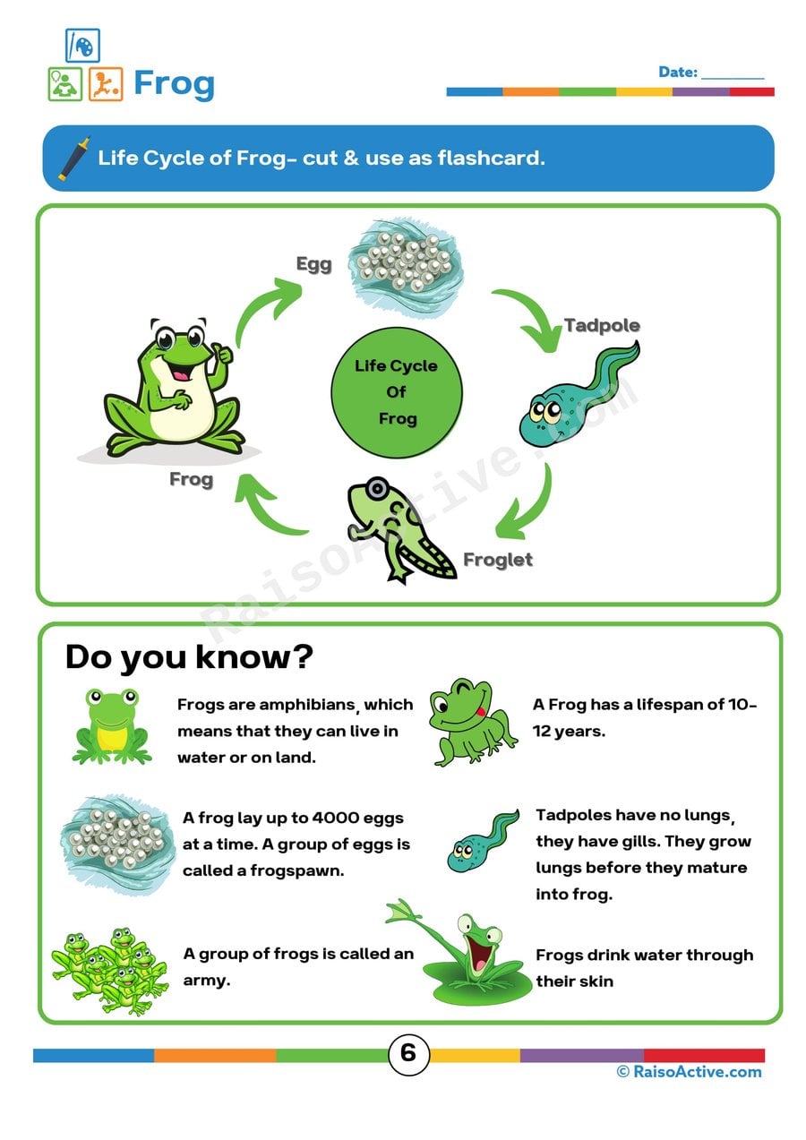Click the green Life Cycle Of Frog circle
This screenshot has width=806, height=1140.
coord(397,391)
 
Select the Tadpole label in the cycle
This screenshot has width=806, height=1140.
coord(602,324)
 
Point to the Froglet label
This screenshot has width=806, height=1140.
coord(497,560)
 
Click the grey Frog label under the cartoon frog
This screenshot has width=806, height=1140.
coord(191,479)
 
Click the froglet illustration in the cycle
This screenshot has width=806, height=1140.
coord(394,528)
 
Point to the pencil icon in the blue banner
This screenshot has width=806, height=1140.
coord(74,159)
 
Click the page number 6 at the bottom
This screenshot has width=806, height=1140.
coord(407,1053)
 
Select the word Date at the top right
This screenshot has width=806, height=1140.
coord(677,72)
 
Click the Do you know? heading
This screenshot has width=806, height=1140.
coord(189,657)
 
